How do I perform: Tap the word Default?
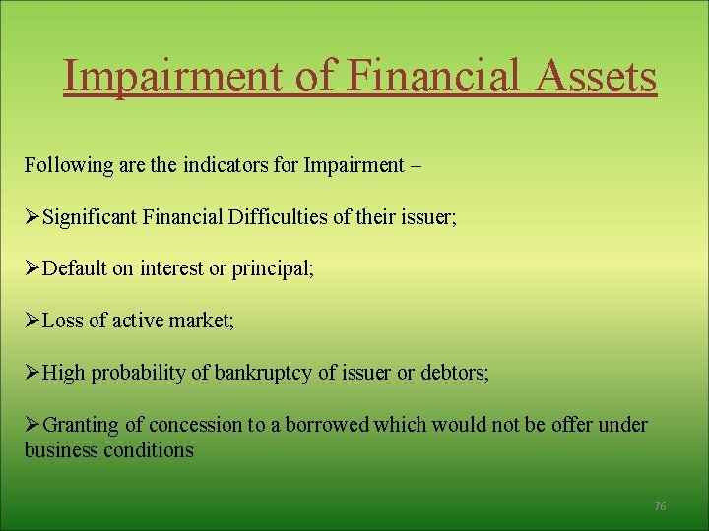pyautogui.click(x=75, y=267)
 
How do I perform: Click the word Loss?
pyautogui.click(x=65, y=320)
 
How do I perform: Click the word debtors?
pyautogui.click(x=454, y=373)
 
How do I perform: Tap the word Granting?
pyautogui.click(x=81, y=425)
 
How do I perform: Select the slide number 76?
pyautogui.click(x=660, y=506)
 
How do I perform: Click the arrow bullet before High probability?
pyautogui.click(x=32, y=373)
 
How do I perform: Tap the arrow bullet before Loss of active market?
pyautogui.click(x=32, y=320)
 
